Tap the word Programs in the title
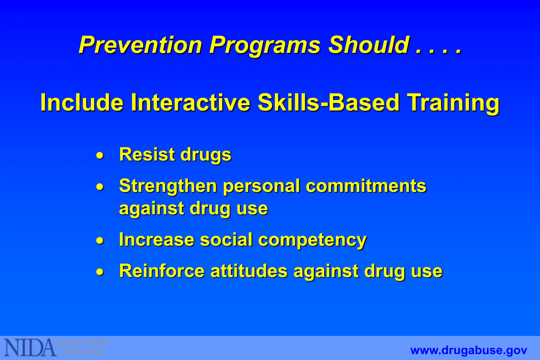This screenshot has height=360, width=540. coord(265,45)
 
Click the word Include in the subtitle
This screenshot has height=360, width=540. coord(82,103)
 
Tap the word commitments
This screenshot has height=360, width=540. coord(366,186)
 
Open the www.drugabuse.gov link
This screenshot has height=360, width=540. coord(469,351)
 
